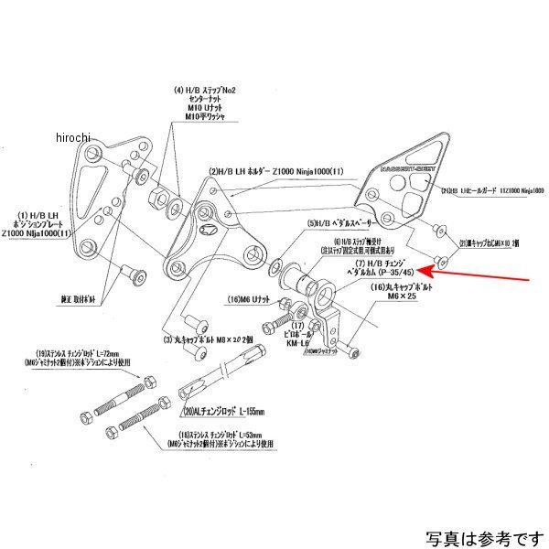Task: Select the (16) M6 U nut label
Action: (248, 298)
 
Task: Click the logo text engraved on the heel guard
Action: (404, 169)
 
